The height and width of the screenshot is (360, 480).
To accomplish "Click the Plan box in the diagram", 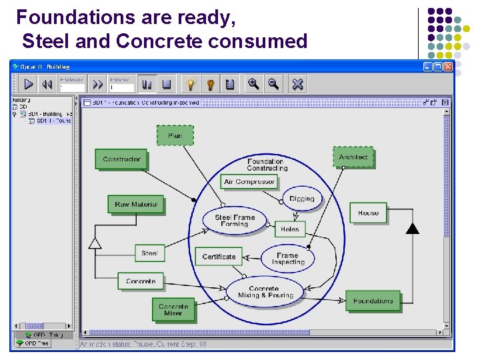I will click(x=175, y=135).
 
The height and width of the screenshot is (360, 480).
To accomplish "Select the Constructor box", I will click(x=121, y=159).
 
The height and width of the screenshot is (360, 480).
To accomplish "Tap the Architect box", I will click(x=353, y=157).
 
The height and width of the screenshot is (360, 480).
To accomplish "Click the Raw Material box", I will click(x=135, y=205).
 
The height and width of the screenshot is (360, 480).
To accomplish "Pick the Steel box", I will click(x=149, y=253).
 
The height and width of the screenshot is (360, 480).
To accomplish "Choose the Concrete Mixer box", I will click(x=173, y=310).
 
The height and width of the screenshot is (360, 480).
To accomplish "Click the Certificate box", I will click(x=219, y=257).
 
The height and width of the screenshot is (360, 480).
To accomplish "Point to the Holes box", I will click(x=289, y=229).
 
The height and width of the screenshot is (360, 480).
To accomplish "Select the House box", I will click(x=368, y=213).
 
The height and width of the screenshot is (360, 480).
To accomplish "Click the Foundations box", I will click(x=373, y=301).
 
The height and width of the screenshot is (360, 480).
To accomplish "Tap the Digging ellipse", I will click(x=301, y=199).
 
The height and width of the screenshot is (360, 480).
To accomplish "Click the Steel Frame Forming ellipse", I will click(x=235, y=221).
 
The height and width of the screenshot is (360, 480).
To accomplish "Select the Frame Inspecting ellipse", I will click(x=287, y=259).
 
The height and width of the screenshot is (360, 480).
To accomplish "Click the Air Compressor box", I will click(x=249, y=181).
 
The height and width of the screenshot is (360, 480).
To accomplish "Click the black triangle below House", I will click(x=413, y=229).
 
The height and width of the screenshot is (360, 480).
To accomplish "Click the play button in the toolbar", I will click(x=29, y=84).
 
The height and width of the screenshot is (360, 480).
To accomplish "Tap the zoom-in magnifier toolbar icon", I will click(x=253, y=83).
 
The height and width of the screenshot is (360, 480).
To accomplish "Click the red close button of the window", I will click(x=448, y=67).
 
